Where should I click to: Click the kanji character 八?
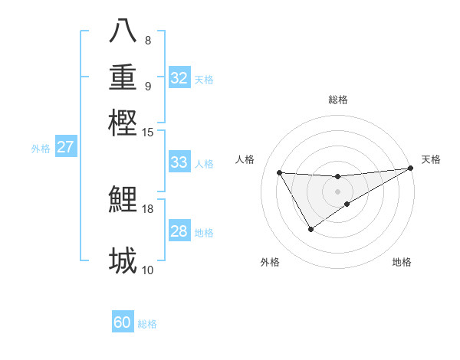pos(123,31)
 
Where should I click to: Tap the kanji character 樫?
pos(123,123)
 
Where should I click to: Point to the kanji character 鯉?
pos(123,199)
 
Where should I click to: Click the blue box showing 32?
pos(179,78)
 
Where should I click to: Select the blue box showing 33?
pos(179,162)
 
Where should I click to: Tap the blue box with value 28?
pos(179,231)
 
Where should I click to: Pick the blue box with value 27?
pos(65,147)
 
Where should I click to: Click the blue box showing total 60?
pos(123,322)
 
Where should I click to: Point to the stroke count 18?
pos(148,208)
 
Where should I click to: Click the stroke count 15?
pos(148,132)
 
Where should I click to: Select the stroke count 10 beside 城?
pos(148,270)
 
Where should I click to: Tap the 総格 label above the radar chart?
pos(338,100)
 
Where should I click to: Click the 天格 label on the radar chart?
pos(431,159)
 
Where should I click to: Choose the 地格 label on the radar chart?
pos(402,262)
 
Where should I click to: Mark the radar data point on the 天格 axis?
pos(411,169)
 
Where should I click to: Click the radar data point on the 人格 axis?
pos(279,172)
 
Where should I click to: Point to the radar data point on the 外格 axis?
pos(310,229)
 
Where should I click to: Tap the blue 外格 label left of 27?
pos(41,149)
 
